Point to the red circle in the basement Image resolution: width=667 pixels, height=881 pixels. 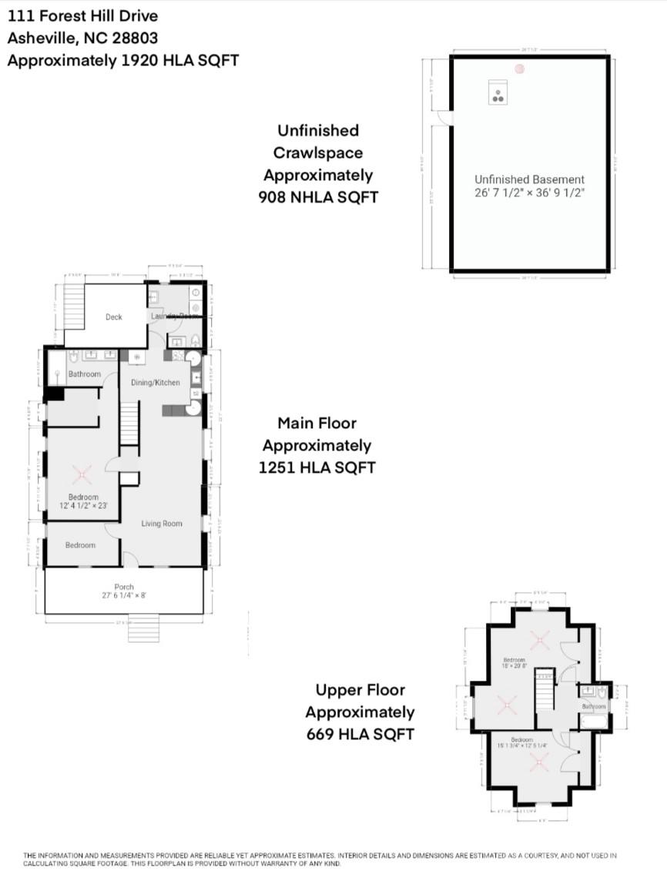click(520, 69)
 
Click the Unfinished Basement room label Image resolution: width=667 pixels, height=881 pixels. click(529, 179)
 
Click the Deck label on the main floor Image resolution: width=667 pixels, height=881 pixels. click(114, 317)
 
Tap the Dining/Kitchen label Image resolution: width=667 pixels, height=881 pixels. click(156, 383)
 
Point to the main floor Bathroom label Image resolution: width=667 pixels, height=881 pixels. click(84, 374)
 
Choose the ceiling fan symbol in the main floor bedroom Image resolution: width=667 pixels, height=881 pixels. click(82, 472)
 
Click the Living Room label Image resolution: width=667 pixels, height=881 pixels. click(162, 524)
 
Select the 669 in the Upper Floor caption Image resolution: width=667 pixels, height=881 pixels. click(320, 734)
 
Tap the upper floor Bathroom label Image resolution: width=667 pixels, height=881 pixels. click(594, 706)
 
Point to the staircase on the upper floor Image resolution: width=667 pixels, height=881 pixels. click(545, 689)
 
